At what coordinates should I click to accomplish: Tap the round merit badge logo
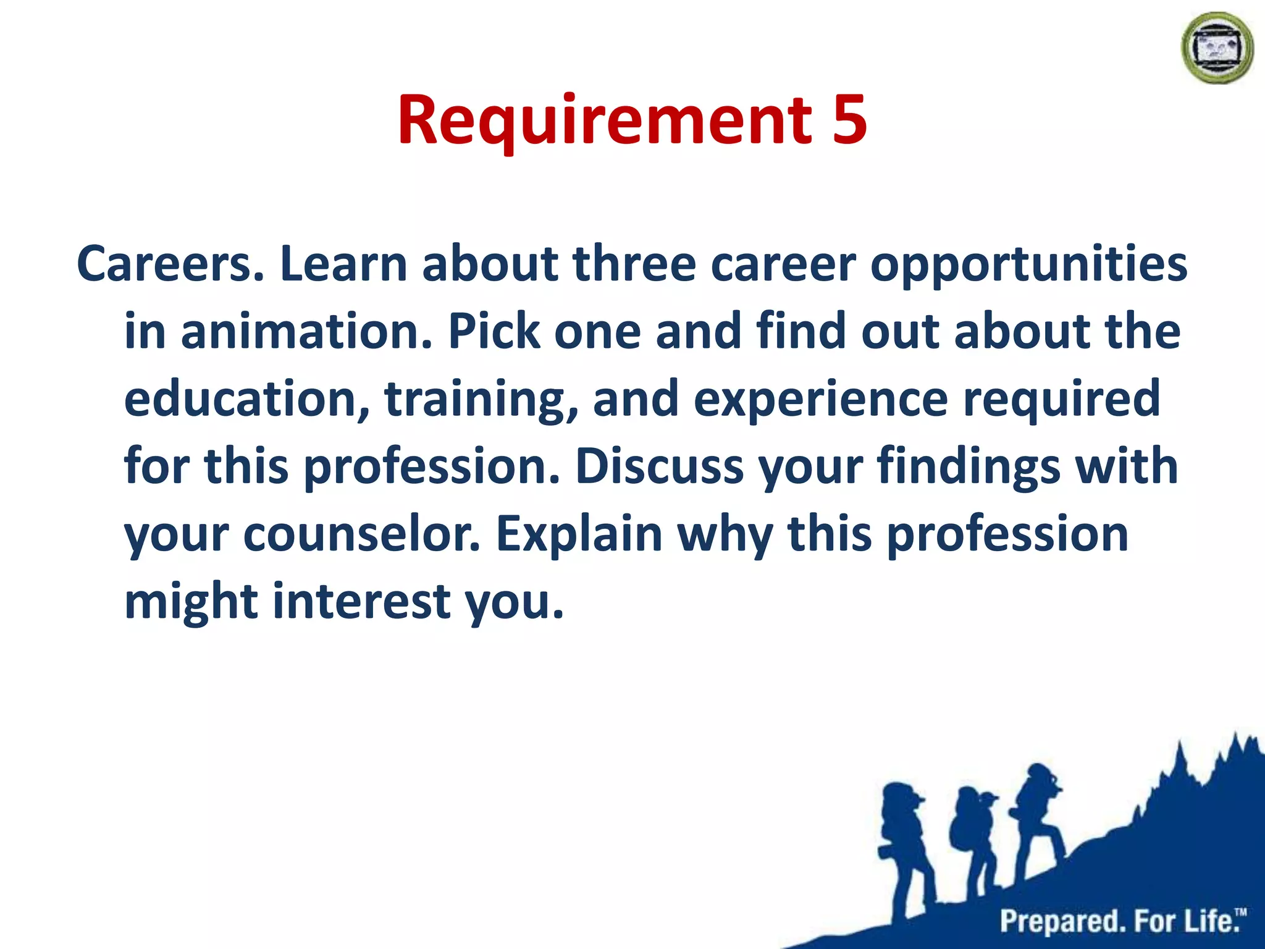coord(1216,48)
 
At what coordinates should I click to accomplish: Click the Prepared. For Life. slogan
coord(1122,921)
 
